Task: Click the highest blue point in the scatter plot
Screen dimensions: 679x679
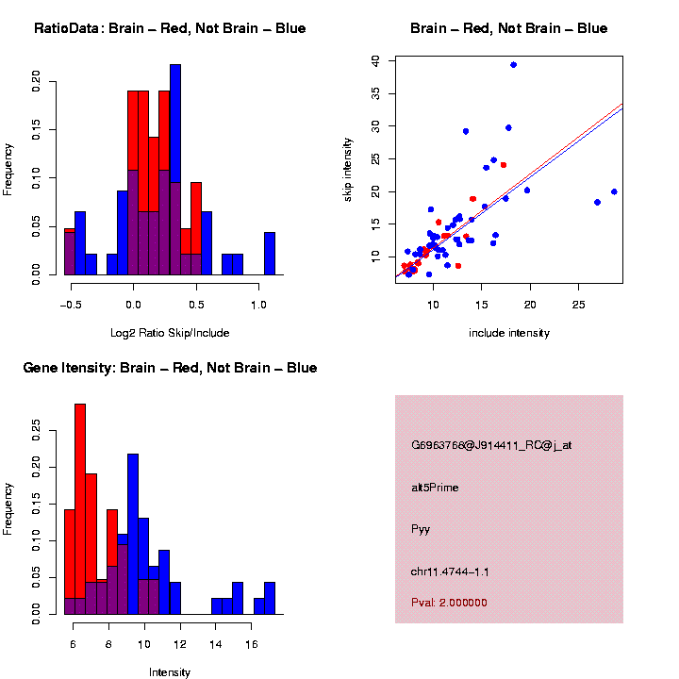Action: [x=513, y=65]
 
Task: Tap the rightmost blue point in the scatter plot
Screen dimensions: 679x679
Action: [x=614, y=191]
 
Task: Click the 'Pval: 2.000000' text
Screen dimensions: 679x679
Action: [x=449, y=603]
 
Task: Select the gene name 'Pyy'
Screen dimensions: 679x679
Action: [x=421, y=529]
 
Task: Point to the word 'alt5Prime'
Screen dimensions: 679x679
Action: [x=435, y=488]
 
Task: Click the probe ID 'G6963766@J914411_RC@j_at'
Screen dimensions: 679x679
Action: [x=491, y=445]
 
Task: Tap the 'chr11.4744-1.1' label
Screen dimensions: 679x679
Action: [x=450, y=571]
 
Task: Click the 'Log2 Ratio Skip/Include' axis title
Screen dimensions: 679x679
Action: [x=170, y=333]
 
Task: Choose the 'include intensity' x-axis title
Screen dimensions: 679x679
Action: [x=509, y=333]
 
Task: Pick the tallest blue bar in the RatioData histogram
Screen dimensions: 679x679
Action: [x=175, y=170]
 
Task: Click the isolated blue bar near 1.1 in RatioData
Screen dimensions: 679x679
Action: [x=270, y=254]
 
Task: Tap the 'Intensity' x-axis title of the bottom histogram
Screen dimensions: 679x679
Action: [x=170, y=672]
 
